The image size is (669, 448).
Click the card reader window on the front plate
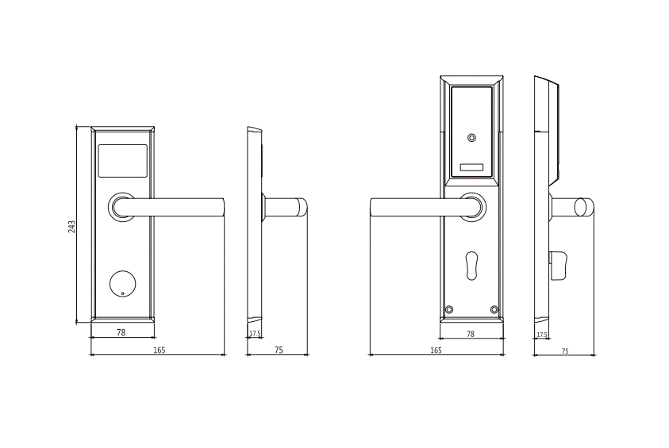pyautogui.click(x=122, y=161)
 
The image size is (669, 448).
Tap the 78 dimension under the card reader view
pyautogui.click(x=121, y=333)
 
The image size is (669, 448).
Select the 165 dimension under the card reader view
pyautogui.click(x=159, y=350)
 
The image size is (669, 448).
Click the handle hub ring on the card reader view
pyautogui.click(x=122, y=207)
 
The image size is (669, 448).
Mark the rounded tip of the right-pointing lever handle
pyautogui.click(x=220, y=207)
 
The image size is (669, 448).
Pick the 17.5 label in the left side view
pyautogui.click(x=255, y=334)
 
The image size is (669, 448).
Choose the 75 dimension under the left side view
pyautogui.click(x=279, y=350)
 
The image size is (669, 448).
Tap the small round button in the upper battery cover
pyautogui.click(x=472, y=139)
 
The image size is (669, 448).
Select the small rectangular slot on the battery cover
pyautogui.click(x=471, y=167)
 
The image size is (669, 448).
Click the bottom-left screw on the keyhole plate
pyautogui.click(x=449, y=309)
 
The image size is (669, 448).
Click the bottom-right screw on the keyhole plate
pyautogui.click(x=494, y=309)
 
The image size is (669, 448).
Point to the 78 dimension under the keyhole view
pyautogui.click(x=471, y=334)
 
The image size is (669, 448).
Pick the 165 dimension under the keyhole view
pyautogui.click(x=436, y=350)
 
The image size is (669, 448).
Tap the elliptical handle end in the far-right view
pyautogui.click(x=583, y=206)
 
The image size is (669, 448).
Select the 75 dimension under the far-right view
pyautogui.click(x=565, y=350)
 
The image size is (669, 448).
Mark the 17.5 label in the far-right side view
pyautogui.click(x=541, y=335)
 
